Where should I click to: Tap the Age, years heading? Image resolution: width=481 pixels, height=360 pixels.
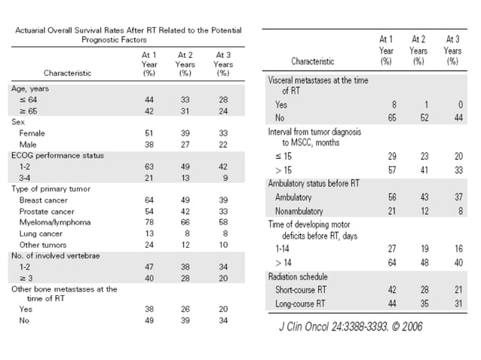pos(29,88)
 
